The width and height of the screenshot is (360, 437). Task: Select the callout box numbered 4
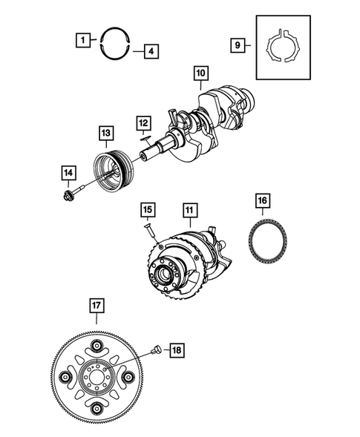click(150, 52)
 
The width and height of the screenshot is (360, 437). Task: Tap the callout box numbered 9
click(238, 45)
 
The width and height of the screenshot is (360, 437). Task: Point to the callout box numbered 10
click(200, 73)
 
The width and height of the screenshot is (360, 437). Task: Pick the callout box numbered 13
click(108, 134)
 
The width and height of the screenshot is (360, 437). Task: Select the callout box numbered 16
click(262, 201)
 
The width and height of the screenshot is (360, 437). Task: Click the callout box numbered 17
click(96, 304)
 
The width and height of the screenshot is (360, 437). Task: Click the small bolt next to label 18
click(156, 348)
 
